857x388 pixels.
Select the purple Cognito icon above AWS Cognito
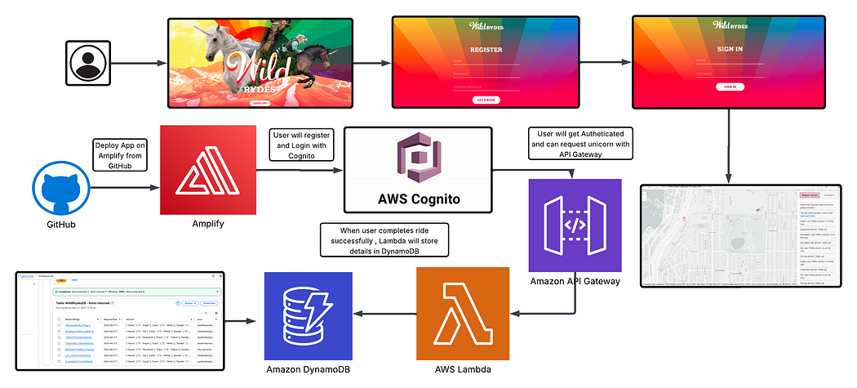coord(418,159)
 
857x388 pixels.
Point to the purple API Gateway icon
coord(575,225)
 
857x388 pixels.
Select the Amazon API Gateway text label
coord(575,282)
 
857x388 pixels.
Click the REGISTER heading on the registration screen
coord(486,49)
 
